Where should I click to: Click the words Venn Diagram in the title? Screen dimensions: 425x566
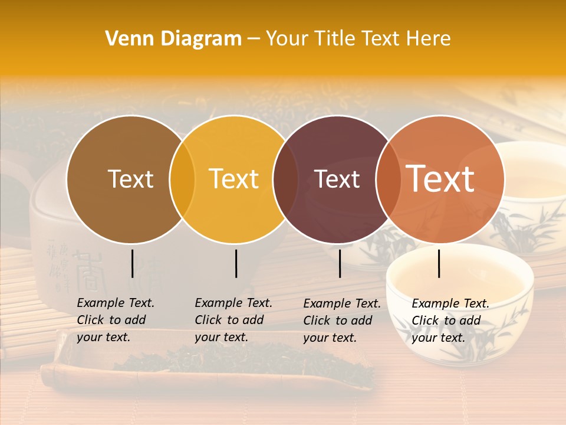[173, 39]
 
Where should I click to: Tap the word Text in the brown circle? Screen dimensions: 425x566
[130, 179]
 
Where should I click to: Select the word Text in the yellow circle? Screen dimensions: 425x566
[234, 179]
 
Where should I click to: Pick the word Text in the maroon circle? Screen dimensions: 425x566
[337, 179]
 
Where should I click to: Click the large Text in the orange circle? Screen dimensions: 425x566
[440, 179]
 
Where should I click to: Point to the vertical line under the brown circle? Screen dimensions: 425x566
[132, 263]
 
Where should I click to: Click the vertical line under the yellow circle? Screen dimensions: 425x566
[236, 263]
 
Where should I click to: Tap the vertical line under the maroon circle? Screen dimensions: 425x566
[340, 263]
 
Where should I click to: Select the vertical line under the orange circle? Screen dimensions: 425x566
[439, 263]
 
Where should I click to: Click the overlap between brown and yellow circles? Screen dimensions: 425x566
[182, 179]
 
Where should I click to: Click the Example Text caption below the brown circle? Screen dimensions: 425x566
[116, 320]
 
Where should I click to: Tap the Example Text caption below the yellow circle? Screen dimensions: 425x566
[233, 320]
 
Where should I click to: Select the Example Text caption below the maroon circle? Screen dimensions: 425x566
[342, 321]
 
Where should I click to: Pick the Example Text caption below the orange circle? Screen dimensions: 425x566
[450, 321]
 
